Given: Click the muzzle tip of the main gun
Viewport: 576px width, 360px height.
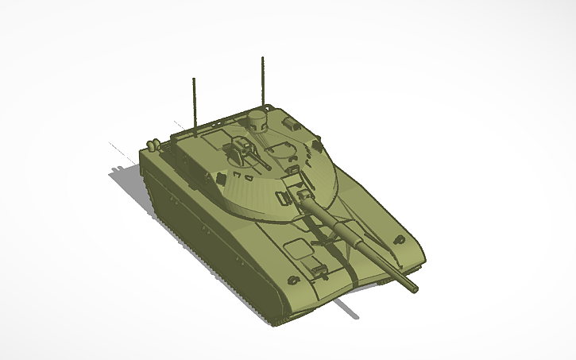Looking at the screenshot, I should (412, 287).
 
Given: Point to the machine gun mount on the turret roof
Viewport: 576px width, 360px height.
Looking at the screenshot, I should (242, 149).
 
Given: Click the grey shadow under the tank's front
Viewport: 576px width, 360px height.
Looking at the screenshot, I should (346, 305).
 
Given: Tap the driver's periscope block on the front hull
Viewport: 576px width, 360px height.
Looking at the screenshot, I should (317, 268).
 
